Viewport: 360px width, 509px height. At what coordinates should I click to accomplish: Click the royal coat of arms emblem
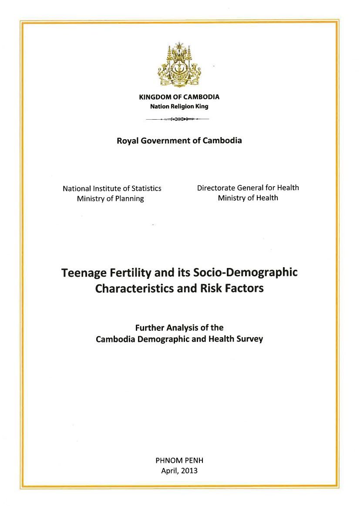(x=179, y=66)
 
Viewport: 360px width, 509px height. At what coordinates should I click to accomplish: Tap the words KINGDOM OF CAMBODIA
(x=179, y=97)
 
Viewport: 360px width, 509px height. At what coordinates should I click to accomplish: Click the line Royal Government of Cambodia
(x=179, y=141)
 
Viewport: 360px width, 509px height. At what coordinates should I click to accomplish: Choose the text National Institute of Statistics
(x=112, y=188)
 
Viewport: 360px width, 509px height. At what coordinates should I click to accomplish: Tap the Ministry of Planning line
(x=110, y=199)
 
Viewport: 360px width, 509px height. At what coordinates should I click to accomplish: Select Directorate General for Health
(x=248, y=188)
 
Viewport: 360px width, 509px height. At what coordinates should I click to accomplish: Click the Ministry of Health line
(x=248, y=198)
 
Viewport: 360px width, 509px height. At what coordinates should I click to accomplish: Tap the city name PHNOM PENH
(x=179, y=460)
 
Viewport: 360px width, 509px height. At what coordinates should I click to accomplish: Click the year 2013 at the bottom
(x=189, y=470)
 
